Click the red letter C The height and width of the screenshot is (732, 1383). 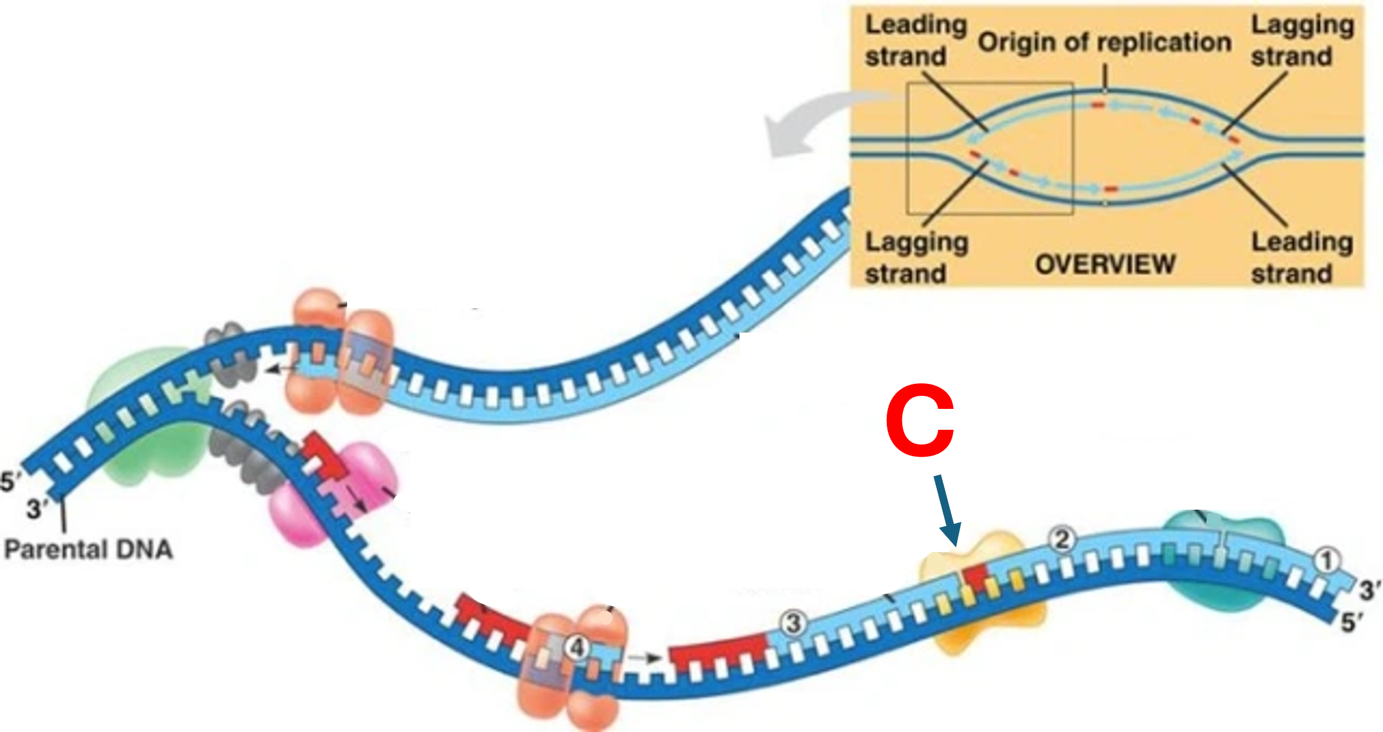[920, 421]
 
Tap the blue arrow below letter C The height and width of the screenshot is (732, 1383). [948, 510]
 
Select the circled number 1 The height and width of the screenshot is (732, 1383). [1326, 561]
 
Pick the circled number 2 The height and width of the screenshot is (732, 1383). [1062, 540]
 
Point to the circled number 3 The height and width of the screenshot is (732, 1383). [793, 624]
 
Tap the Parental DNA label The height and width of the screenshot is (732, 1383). [88, 549]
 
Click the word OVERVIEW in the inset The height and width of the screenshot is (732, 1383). [1105, 264]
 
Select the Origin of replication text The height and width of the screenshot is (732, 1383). [1104, 42]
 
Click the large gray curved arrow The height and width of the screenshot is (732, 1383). [817, 122]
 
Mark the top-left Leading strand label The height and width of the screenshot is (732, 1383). [915, 41]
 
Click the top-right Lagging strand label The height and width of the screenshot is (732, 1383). [1302, 41]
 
